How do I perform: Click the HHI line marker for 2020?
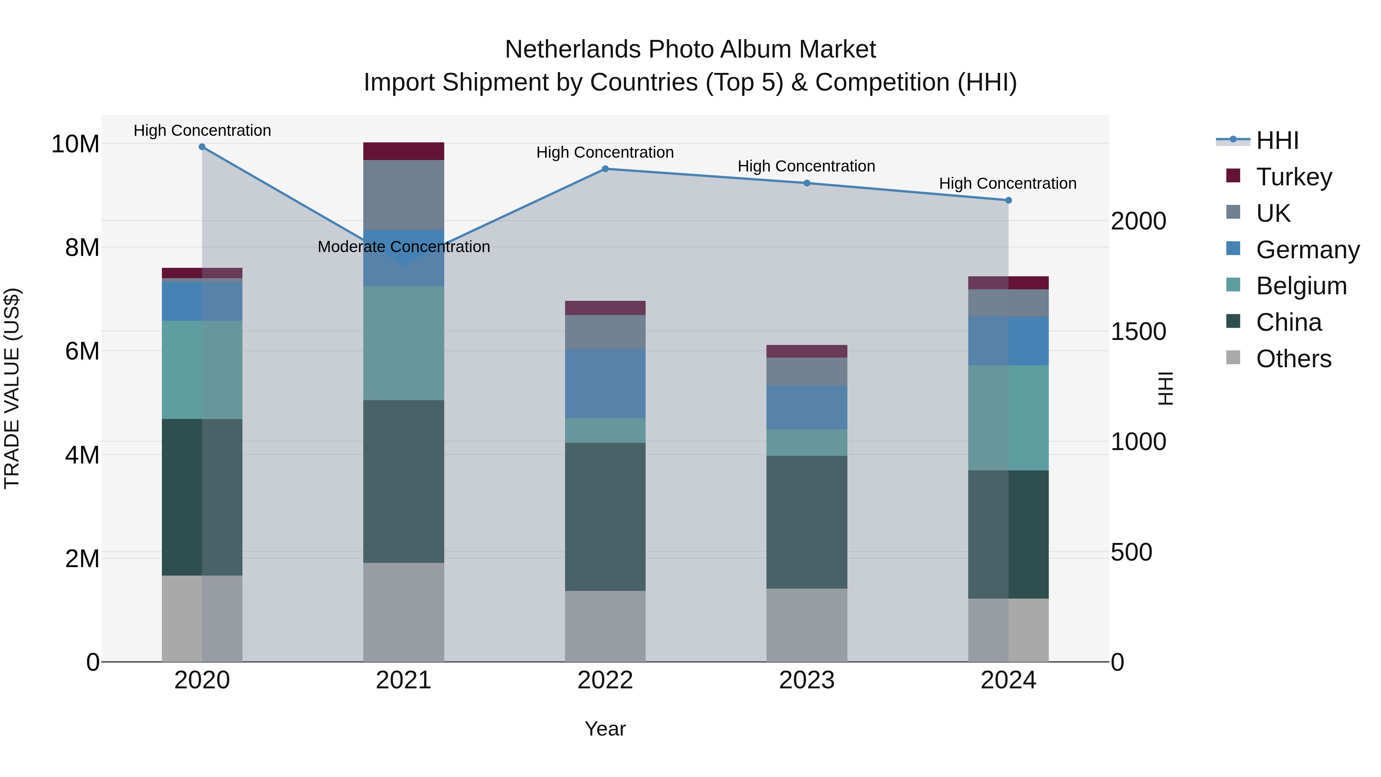pyautogui.click(x=202, y=147)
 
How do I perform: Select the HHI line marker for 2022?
pyautogui.click(x=605, y=169)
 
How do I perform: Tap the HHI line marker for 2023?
pyautogui.click(x=807, y=183)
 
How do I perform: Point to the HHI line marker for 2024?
pyautogui.click(x=1009, y=201)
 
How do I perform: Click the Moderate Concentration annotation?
pyautogui.click(x=404, y=247)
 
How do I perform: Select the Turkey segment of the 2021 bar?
pyautogui.click(x=404, y=151)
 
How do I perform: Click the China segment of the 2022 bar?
pyautogui.click(x=605, y=516)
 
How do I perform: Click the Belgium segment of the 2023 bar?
pyautogui.click(x=807, y=442)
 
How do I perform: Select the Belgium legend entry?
pyautogui.click(x=1301, y=286)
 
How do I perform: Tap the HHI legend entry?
pyautogui.click(x=1277, y=140)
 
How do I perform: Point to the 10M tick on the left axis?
pyautogui.click(x=75, y=144)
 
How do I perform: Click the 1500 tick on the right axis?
pyautogui.click(x=1138, y=332)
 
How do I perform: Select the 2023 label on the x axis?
pyautogui.click(x=807, y=680)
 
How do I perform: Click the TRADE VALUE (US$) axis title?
pyautogui.click(x=12, y=388)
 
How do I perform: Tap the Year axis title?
pyautogui.click(x=605, y=729)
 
